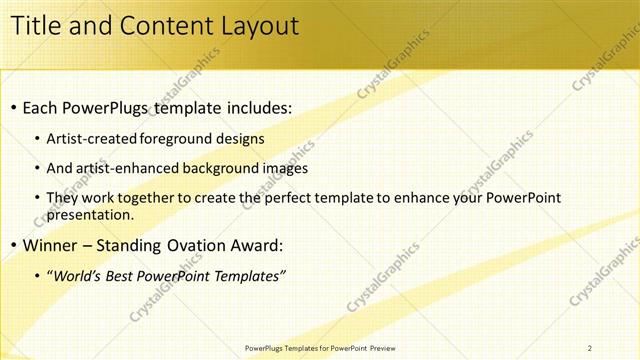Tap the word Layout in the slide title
click(x=252, y=26)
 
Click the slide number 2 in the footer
click(x=590, y=348)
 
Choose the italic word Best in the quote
click(x=123, y=276)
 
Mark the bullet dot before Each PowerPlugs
click(x=11, y=107)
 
